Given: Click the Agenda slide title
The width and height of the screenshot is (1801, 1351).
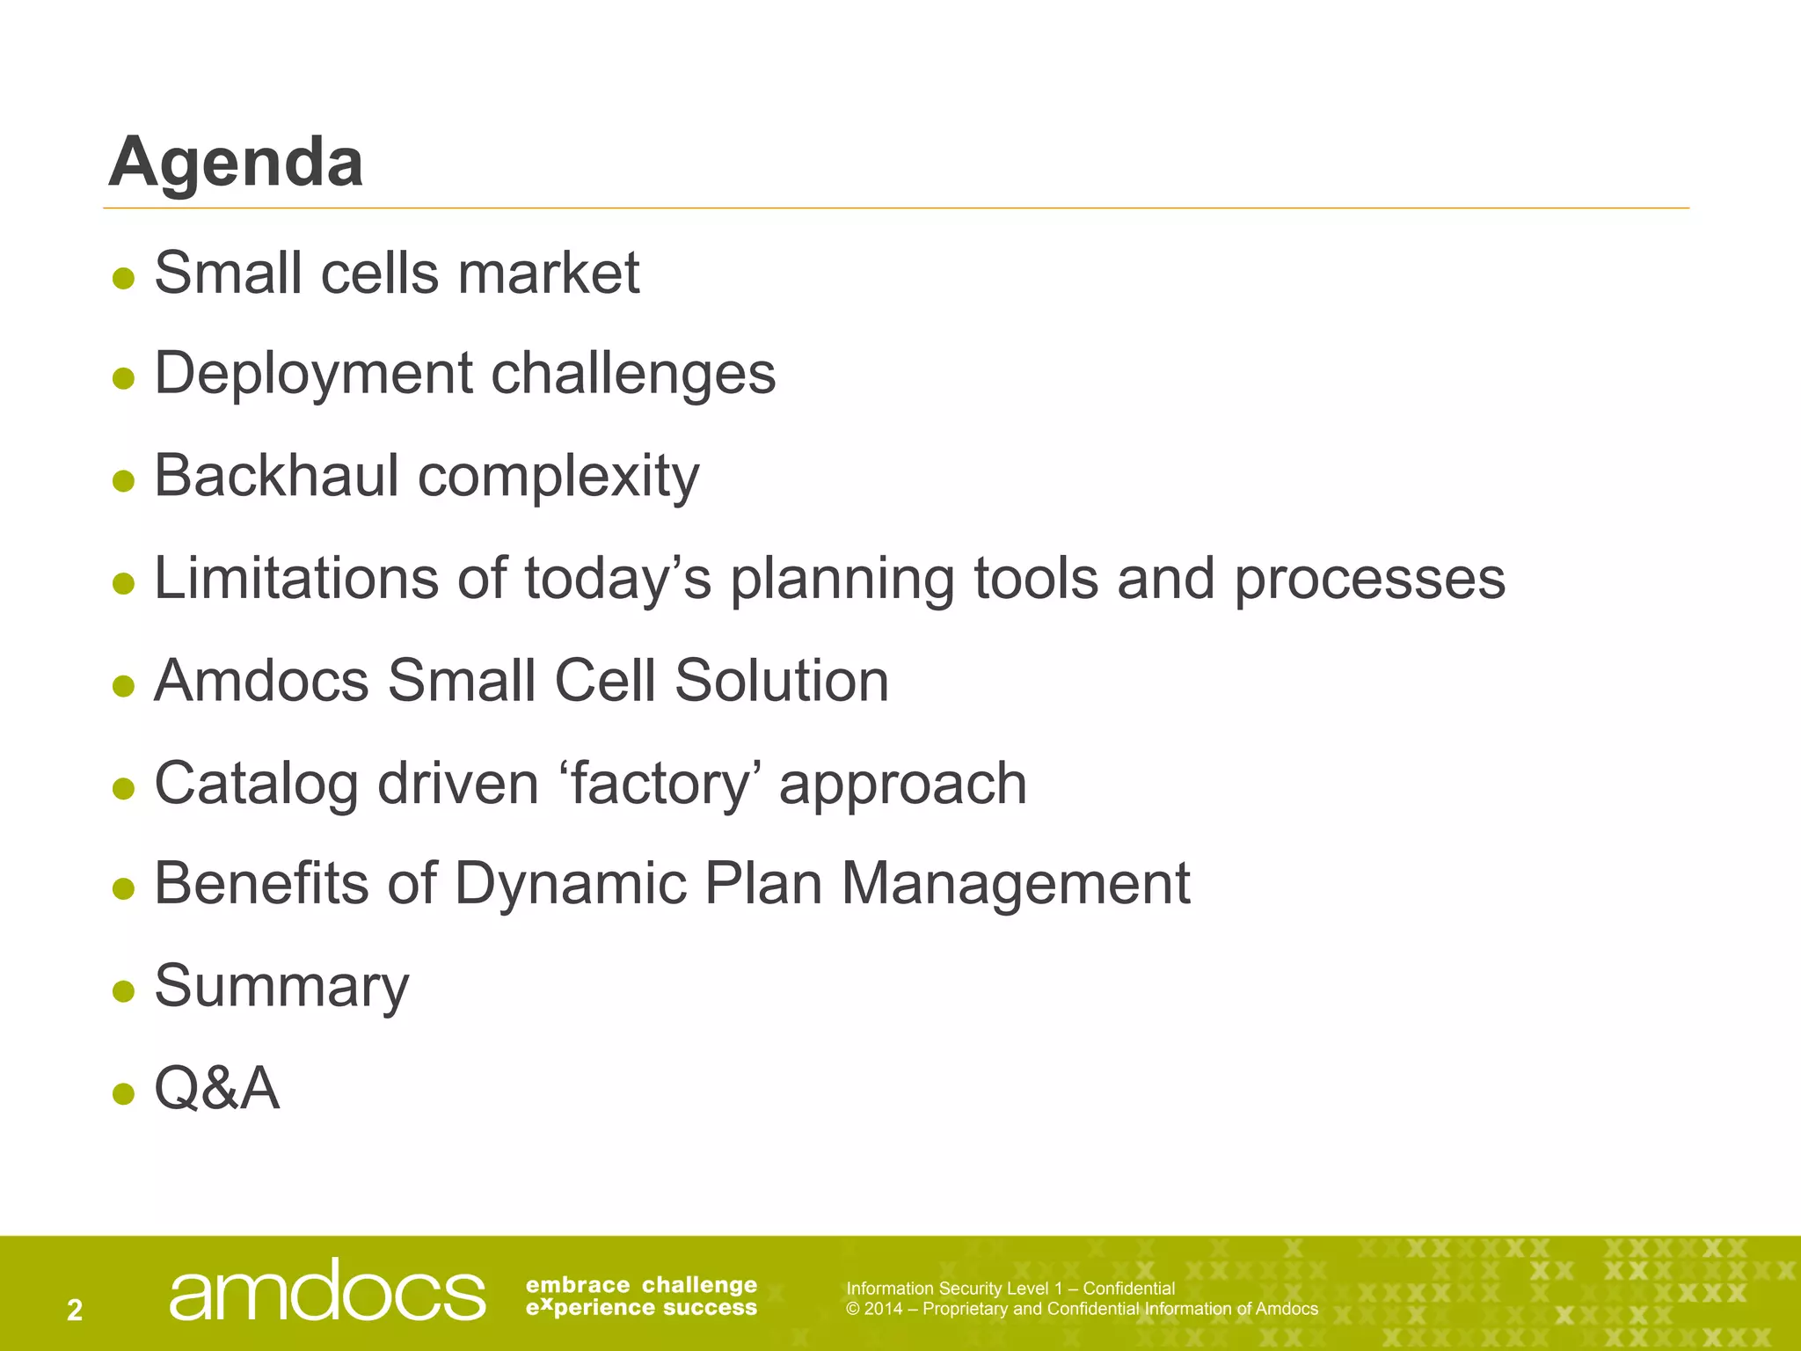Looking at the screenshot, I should pyautogui.click(x=236, y=164).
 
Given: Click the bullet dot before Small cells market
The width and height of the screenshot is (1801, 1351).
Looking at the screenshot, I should pyautogui.click(x=124, y=279).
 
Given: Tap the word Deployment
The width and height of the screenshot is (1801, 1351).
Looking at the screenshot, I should pyautogui.click(x=313, y=374).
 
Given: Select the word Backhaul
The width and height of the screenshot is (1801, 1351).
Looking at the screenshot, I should pyautogui.click(x=276, y=476).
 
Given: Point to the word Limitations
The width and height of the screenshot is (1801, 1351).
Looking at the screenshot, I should pyautogui.click(x=295, y=579).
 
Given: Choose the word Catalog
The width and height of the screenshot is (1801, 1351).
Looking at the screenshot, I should pyautogui.click(x=256, y=784).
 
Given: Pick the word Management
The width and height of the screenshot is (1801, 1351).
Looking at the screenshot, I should pyautogui.click(x=1016, y=885).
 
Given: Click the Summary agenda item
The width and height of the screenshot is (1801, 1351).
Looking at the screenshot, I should pyautogui.click(x=281, y=987).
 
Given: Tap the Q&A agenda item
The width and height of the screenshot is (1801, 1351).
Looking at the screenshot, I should pyautogui.click(x=216, y=1089).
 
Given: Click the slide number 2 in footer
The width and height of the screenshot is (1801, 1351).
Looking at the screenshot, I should pyautogui.click(x=75, y=1311).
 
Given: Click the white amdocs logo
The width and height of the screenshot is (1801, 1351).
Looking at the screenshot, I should pyautogui.click(x=326, y=1291).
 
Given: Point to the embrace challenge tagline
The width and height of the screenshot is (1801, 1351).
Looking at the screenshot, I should pyautogui.click(x=641, y=1285).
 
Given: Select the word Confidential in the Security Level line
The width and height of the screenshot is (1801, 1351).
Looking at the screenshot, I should pyautogui.click(x=1128, y=1289).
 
